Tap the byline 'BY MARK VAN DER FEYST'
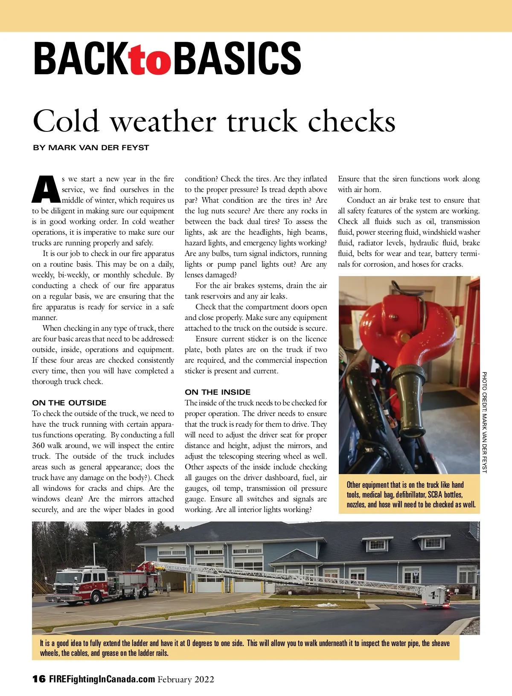[91, 148]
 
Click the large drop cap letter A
[45, 189]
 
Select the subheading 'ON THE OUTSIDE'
[69, 402]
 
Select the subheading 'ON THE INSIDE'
[218, 392]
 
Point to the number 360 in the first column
[38, 446]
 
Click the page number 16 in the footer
[39, 679]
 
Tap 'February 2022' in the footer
[186, 679]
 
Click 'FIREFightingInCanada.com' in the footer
[102, 679]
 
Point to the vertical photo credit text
[484, 422]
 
